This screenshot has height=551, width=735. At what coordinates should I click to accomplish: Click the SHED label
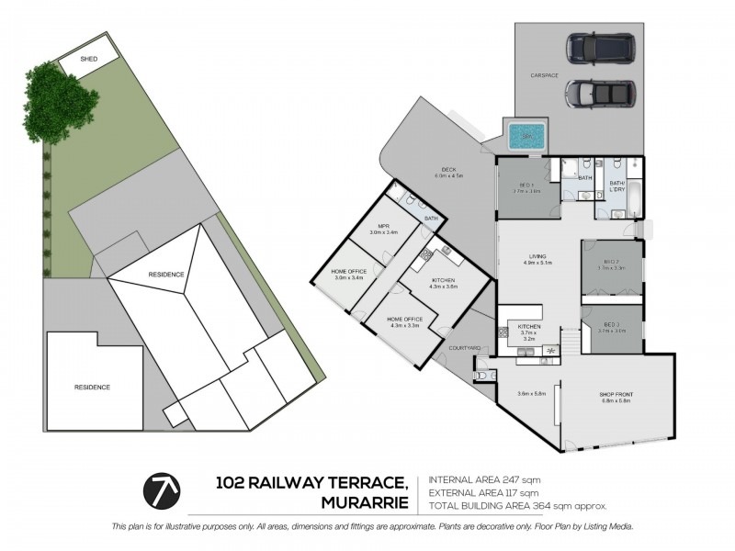(x=89, y=59)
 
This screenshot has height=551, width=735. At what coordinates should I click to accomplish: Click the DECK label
(x=448, y=169)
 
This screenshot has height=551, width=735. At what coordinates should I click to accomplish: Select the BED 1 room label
(x=526, y=186)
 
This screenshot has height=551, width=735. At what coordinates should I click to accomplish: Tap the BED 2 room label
(x=611, y=264)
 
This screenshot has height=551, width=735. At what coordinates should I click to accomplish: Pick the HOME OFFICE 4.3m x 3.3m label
(x=404, y=320)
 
